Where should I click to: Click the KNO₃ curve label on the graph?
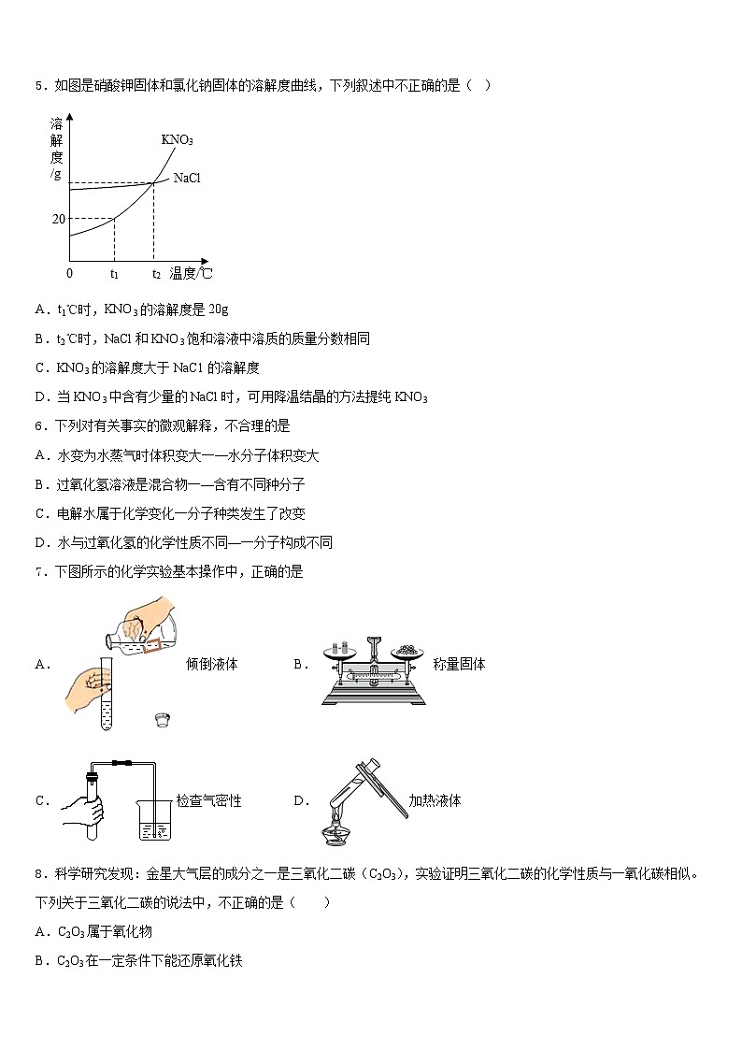(177, 139)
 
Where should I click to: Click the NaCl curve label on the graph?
(187, 178)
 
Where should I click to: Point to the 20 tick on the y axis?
(59, 219)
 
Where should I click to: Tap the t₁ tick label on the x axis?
(114, 274)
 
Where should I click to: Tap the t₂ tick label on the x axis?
(156, 274)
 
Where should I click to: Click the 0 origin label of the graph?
(69, 273)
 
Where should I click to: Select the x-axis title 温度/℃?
(191, 273)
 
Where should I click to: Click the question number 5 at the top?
(39, 86)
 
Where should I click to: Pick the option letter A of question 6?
(40, 455)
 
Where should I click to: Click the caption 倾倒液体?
(212, 664)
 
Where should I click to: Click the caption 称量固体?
(459, 664)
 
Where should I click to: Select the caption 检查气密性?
(209, 800)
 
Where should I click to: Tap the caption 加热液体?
(435, 800)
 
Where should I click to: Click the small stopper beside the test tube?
(163, 719)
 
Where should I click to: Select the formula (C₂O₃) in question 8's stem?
(386, 874)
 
